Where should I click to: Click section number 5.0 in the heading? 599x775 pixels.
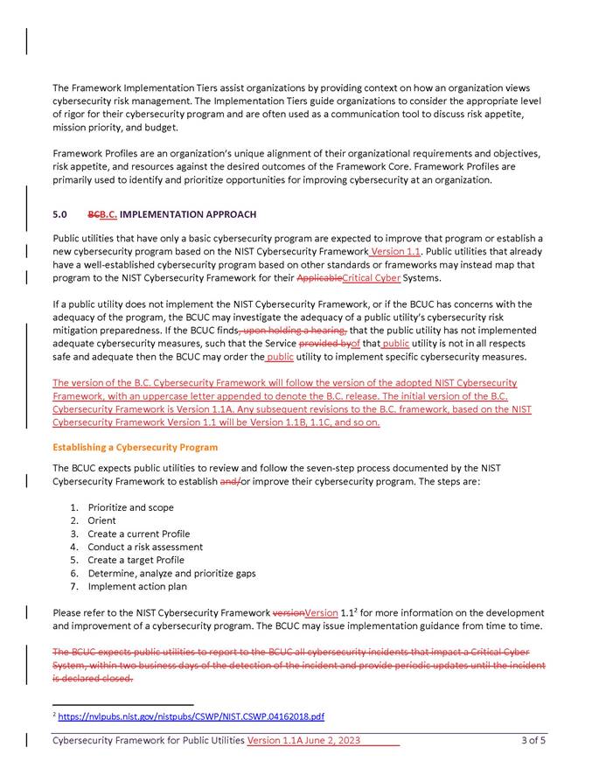point(59,214)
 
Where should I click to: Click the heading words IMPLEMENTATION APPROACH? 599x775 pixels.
point(188,214)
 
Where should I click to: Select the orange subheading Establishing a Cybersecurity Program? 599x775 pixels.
point(135,447)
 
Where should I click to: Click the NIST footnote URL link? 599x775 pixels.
point(191,716)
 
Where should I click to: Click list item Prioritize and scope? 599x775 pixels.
point(130,507)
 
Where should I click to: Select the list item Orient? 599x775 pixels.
point(102,520)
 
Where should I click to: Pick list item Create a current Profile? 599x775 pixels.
point(138,534)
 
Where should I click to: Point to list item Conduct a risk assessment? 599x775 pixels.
point(145,547)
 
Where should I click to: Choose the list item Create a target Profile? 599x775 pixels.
point(136,560)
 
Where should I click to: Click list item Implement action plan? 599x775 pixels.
point(137,586)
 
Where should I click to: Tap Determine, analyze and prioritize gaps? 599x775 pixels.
point(171,573)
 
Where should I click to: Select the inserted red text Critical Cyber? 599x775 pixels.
point(372,278)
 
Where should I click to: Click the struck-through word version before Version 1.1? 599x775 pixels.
point(288,613)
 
